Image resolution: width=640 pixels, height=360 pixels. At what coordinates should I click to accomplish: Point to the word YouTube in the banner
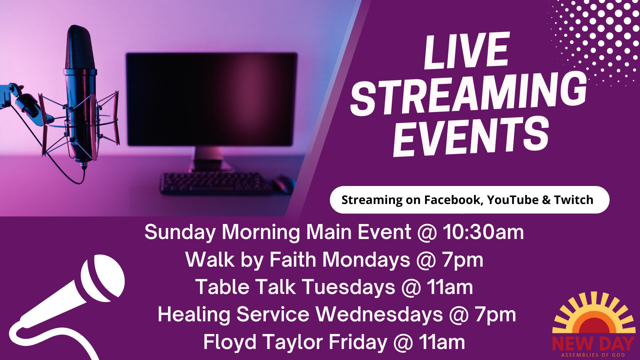pyautogui.click(x=513, y=200)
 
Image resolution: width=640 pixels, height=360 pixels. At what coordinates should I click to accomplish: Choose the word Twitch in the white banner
pyautogui.click(x=574, y=200)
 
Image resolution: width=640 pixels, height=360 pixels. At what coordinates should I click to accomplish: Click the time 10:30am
pyautogui.click(x=483, y=232)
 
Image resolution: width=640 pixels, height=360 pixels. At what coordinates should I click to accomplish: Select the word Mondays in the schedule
pyautogui.click(x=366, y=260)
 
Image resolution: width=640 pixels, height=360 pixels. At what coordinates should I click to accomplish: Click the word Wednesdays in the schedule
pyautogui.click(x=379, y=315)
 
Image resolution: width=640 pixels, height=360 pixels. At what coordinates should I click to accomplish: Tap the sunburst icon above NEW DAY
pyautogui.click(x=594, y=313)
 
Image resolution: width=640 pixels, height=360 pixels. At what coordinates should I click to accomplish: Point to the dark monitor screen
pyautogui.click(x=212, y=99)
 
